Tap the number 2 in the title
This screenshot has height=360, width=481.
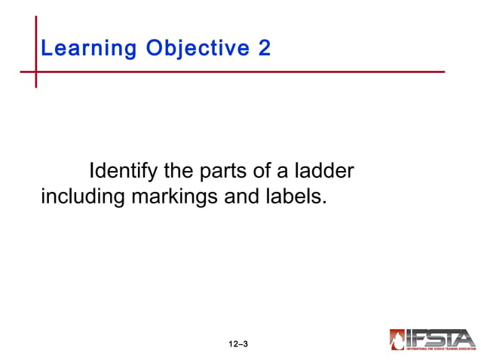[x=264, y=49]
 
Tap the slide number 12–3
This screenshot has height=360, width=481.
[x=238, y=344]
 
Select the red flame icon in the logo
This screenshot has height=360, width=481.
[x=397, y=340]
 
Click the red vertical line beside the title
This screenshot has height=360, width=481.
[x=35, y=38]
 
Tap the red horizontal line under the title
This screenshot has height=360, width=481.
[x=241, y=72]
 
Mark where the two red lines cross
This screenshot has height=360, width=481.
[x=35, y=72]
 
